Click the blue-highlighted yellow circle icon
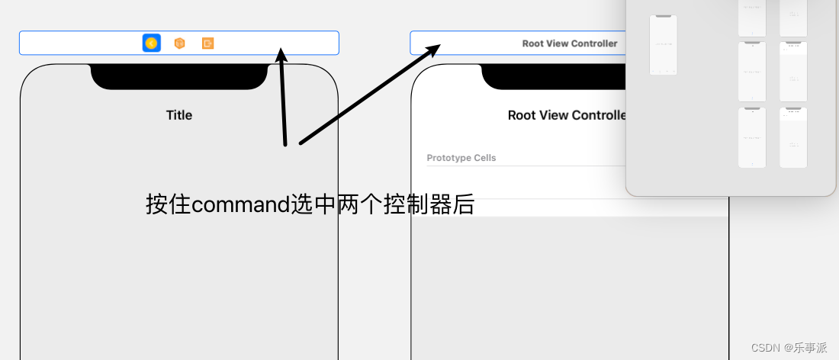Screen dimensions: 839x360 (x=151, y=43)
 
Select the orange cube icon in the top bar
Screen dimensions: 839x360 (x=179, y=43)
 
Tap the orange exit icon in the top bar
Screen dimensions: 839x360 (x=207, y=43)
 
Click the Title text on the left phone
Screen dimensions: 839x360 (x=179, y=115)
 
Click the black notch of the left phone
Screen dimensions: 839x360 (x=179, y=76)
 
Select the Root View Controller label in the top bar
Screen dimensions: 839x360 (x=569, y=43)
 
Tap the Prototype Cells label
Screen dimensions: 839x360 (x=461, y=158)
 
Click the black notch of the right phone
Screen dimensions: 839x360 (x=557, y=76)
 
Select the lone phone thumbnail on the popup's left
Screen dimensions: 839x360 (x=663, y=45)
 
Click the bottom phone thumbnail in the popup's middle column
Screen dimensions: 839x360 (x=751, y=137)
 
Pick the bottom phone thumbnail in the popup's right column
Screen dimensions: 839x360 (x=793, y=137)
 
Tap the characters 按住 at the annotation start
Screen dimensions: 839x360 (x=169, y=204)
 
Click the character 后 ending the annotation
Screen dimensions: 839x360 (x=465, y=204)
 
